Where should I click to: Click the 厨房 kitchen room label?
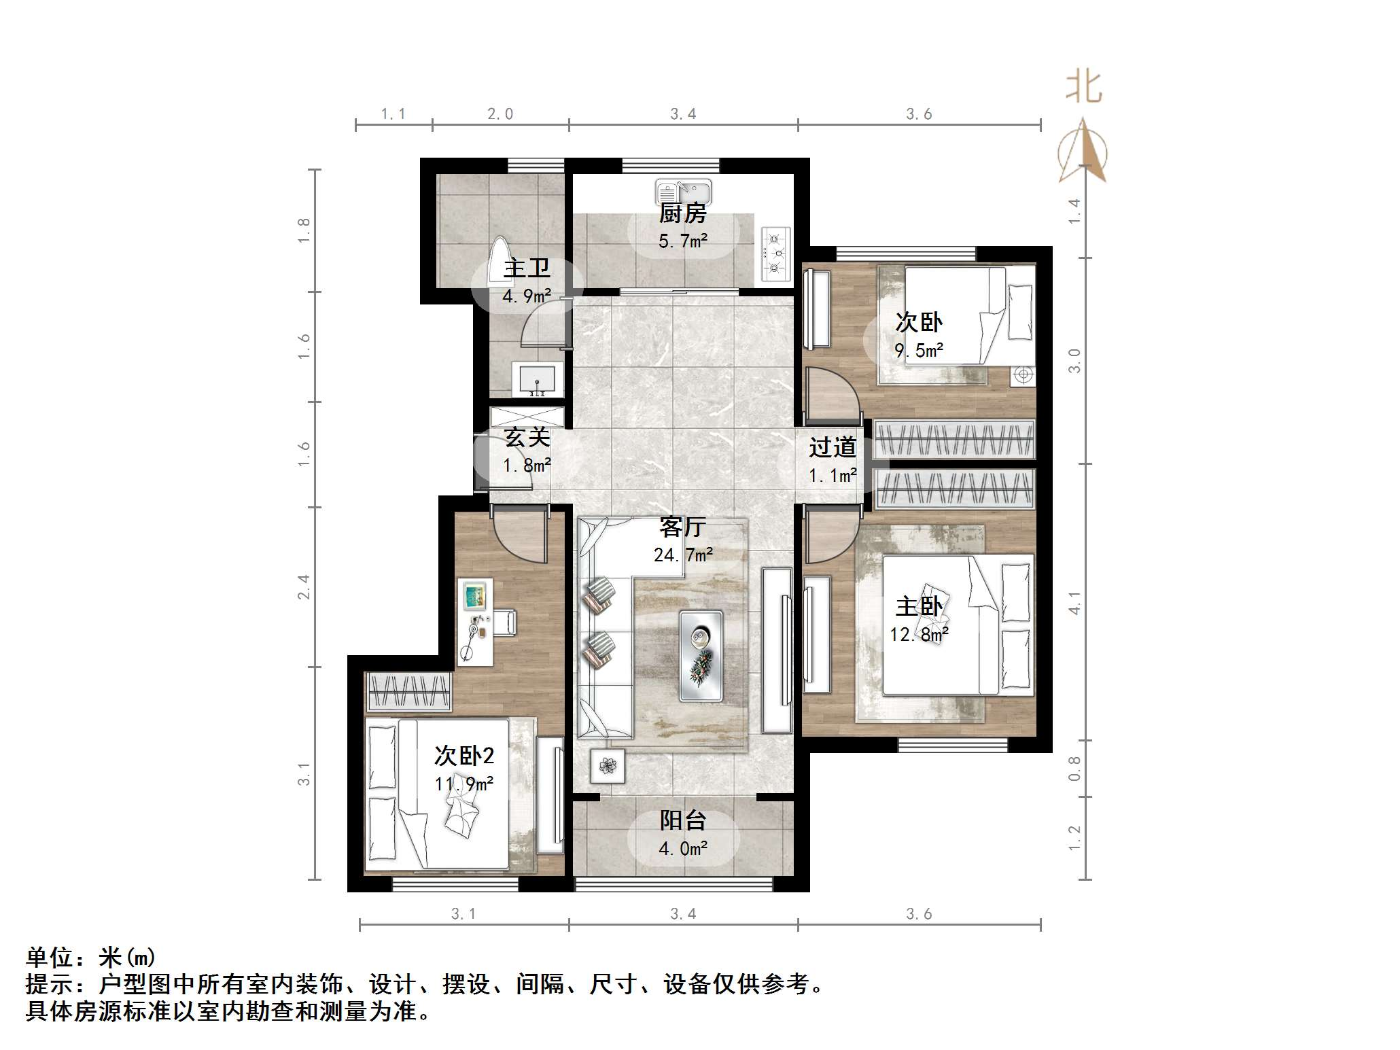[682, 213]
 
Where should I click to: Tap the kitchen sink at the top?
[683, 192]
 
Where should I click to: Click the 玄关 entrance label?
[527, 437]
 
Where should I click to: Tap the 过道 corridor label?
[833, 447]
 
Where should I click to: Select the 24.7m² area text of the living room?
[683, 555]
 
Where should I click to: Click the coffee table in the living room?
[701, 655]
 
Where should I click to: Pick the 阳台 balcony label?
[682, 820]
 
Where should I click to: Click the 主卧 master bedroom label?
[919, 606]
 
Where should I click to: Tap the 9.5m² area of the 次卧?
[919, 351]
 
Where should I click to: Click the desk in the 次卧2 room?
[475, 623]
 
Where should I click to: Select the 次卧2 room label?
[464, 755]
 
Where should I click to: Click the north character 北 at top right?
[1083, 88]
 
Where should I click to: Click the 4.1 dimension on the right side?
[1074, 602]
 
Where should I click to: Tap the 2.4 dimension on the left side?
[304, 587]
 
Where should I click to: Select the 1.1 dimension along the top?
[393, 113]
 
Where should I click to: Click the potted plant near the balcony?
[608, 766]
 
